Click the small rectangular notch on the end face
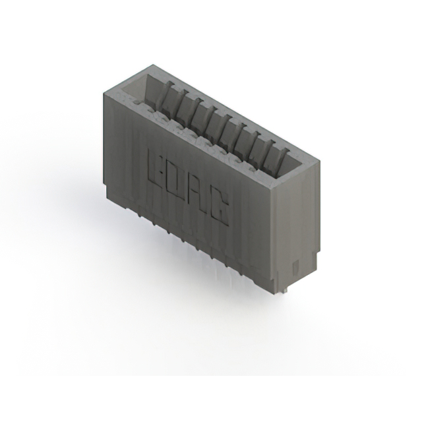click(x=295, y=268)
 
